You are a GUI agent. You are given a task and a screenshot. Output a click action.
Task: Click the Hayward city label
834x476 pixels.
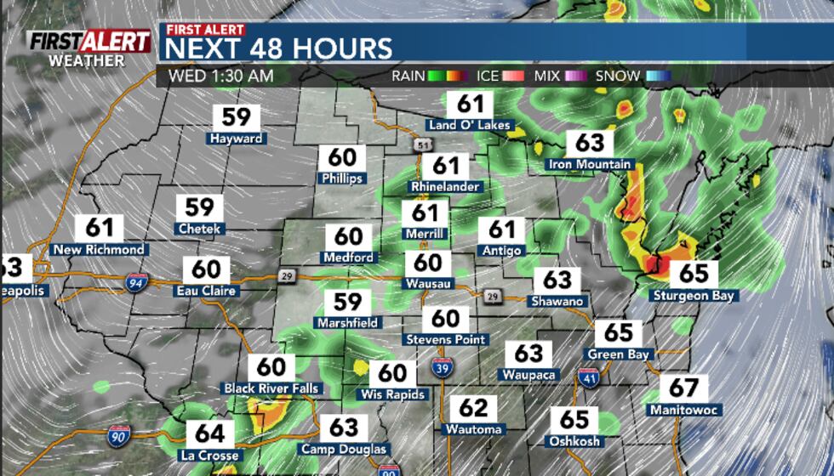(x=237, y=138)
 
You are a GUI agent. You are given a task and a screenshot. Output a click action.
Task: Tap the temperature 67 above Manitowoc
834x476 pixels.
(x=683, y=388)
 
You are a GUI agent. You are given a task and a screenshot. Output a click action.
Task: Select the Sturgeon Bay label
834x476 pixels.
(x=694, y=296)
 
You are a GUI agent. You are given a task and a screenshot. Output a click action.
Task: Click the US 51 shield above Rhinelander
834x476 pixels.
(x=423, y=146)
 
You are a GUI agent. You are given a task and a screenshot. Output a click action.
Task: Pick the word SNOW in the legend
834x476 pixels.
(x=618, y=76)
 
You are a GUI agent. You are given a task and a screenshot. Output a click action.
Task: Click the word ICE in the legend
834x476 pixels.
(x=488, y=76)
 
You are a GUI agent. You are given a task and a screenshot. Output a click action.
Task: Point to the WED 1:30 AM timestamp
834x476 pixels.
(x=220, y=76)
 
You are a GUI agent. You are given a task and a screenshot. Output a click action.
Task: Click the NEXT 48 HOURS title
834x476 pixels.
(x=278, y=48)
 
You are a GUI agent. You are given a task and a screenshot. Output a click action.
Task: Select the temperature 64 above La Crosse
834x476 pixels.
(x=209, y=433)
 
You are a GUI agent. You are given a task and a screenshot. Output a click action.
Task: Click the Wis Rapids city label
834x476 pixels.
(x=392, y=394)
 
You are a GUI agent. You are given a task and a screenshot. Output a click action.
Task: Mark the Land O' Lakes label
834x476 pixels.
(x=470, y=126)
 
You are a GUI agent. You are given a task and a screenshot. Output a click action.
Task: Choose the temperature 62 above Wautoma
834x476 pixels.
(x=474, y=407)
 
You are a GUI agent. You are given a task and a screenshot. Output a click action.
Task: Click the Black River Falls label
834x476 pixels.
(x=271, y=388)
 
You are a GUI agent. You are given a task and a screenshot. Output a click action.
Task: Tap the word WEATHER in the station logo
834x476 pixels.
(x=87, y=60)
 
